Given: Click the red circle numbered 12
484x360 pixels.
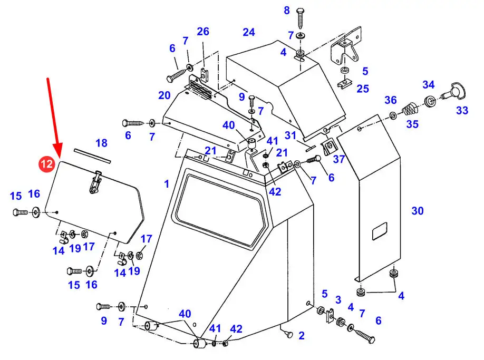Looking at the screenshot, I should pyautogui.click(x=46, y=164).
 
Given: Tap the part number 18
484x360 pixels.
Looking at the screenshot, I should pyautogui.click(x=101, y=143).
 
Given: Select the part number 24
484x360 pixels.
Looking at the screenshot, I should pyautogui.click(x=249, y=33).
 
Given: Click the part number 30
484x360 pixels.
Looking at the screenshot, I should pyautogui.click(x=418, y=211).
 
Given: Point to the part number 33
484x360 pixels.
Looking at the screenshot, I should pyautogui.click(x=462, y=111).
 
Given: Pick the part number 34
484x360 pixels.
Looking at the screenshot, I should pyautogui.click(x=429, y=85).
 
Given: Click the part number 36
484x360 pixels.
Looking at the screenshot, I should pyautogui.click(x=390, y=100).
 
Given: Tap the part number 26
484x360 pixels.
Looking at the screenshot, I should pyautogui.click(x=204, y=32).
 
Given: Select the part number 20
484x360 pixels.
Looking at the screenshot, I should pyautogui.click(x=164, y=96).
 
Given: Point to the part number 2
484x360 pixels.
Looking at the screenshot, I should pyautogui.click(x=301, y=335).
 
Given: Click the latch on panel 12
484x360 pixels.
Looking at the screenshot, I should pyautogui.click(x=95, y=182).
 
